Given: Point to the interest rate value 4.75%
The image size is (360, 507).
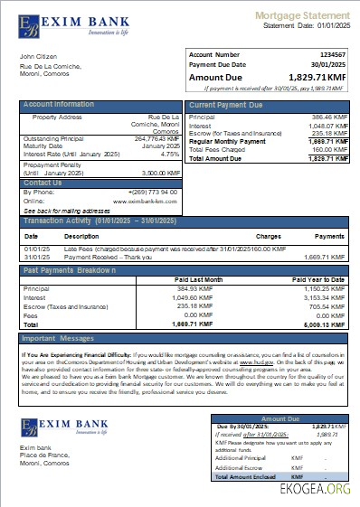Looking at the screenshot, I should pos(170,154).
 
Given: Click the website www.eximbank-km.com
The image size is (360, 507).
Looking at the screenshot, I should pos(144,201).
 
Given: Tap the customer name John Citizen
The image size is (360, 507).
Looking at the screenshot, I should pos(39,57).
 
